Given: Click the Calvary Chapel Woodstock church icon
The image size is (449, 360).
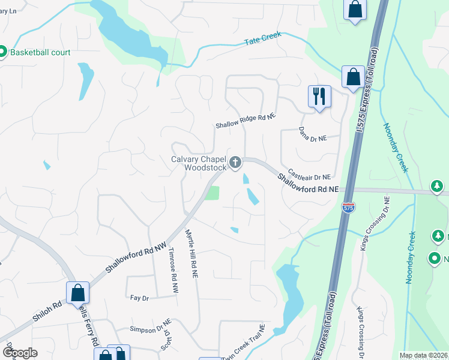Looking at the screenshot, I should pyautogui.click(x=236, y=161).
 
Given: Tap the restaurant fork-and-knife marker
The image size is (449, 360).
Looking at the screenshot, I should pyautogui.click(x=319, y=96).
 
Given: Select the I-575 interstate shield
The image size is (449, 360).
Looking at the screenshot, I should pyautogui.click(x=349, y=207).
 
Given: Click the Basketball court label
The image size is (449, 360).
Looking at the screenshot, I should pyautogui.click(x=39, y=52).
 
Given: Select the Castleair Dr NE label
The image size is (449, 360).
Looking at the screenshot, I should pyautogui.click(x=310, y=175).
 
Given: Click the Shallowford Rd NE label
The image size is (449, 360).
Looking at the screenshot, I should pyautogui.click(x=308, y=183).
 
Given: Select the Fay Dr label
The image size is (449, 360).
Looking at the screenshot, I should pyautogui.click(x=139, y=297).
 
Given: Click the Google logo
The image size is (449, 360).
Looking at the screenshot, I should pyautogui.click(x=20, y=353).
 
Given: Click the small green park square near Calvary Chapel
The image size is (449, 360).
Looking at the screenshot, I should pyautogui.click(x=211, y=193).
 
